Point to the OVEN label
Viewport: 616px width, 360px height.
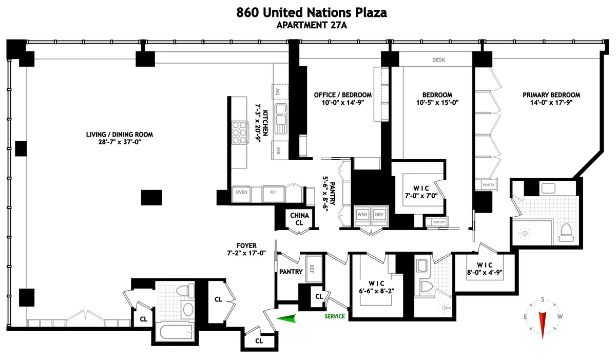tap(242, 192)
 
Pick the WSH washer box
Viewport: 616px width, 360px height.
tap(362, 215)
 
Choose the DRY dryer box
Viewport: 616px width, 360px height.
tap(378, 215)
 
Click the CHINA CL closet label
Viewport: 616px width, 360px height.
tap(299, 219)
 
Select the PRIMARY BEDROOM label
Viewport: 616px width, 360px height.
tap(551, 94)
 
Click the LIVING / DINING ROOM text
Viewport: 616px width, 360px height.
tap(120, 135)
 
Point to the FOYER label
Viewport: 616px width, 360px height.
tap(247, 245)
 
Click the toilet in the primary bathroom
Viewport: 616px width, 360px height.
tap(566, 233)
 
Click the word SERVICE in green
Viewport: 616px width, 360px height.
tap(335, 316)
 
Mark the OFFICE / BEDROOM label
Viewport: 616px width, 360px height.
tap(343, 95)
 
